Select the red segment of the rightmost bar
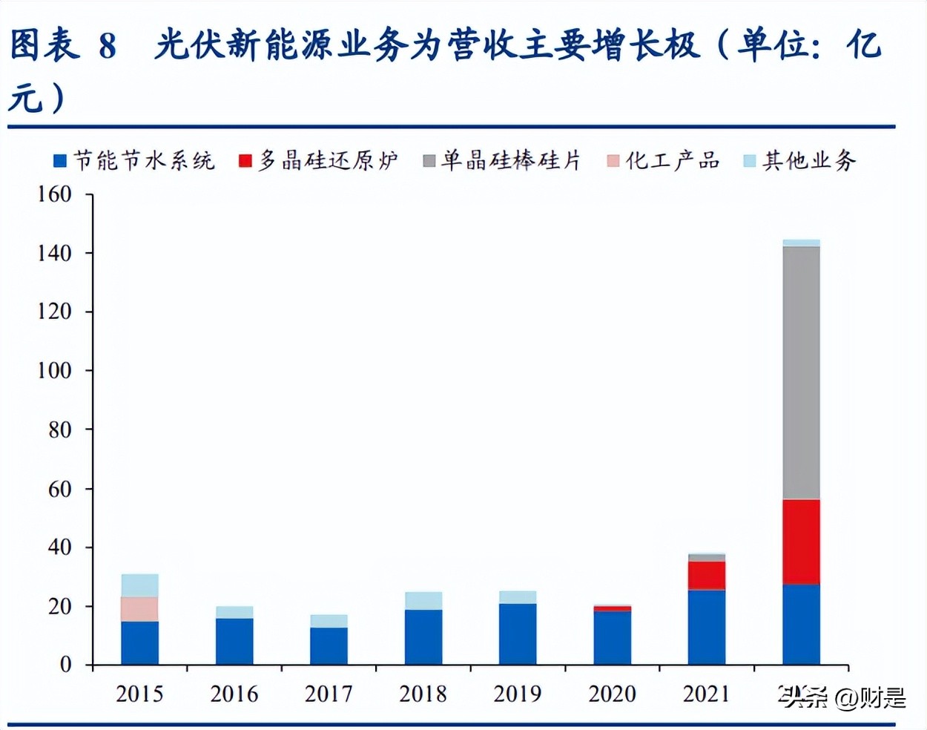coord(801,542)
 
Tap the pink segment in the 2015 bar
coord(139,609)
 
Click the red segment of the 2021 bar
coord(707,575)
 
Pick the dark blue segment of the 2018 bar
coord(423,637)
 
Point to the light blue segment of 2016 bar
coord(234,612)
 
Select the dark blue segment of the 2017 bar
coord(329,645)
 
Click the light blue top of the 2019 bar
coord(518,597)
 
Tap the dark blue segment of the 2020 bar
coord(613,637)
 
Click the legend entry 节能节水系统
coord(134,160)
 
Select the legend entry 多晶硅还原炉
coord(319,160)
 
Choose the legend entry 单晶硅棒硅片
coord(502,160)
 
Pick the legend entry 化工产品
coord(664,160)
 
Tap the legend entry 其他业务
coord(800,160)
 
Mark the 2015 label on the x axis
coord(139,694)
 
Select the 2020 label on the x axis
coord(613,694)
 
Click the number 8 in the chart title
coord(108,46)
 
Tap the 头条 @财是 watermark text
coord(842,697)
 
